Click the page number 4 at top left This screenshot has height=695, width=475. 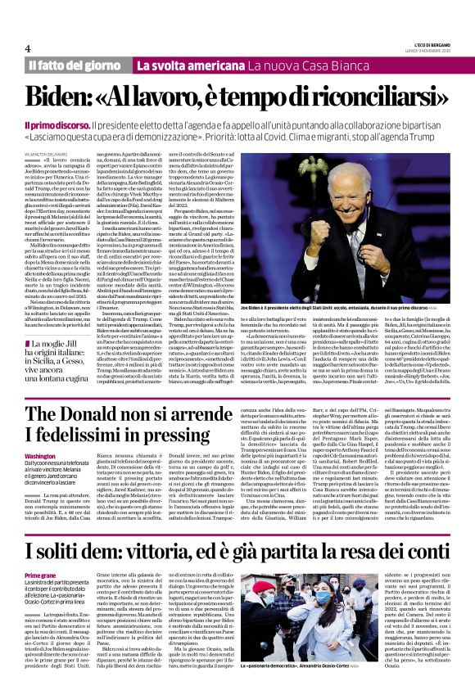pos(28,47)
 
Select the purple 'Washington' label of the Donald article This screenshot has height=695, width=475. pos(41,456)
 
